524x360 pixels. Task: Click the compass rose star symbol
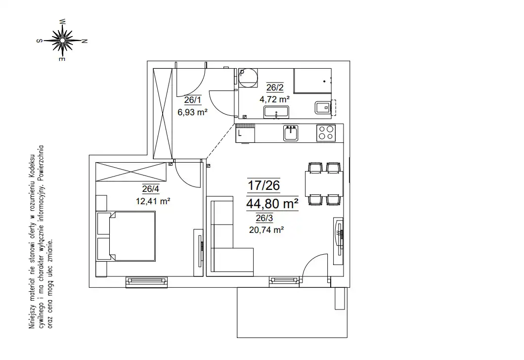click(x=62, y=41)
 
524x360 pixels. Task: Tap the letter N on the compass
click(x=85, y=42)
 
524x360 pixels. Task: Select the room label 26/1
click(x=193, y=99)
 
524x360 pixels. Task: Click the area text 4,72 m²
click(x=274, y=99)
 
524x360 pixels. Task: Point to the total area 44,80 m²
click(x=272, y=203)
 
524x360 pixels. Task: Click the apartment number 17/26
click(x=263, y=185)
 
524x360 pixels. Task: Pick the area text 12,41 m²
click(x=153, y=201)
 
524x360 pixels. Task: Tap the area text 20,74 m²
click(x=266, y=229)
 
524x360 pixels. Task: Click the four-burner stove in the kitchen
click(x=326, y=133)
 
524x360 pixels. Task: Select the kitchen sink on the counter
click(x=290, y=133)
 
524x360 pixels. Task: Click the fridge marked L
click(x=245, y=134)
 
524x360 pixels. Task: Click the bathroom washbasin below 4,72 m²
click(x=276, y=112)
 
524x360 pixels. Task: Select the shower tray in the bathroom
click(x=312, y=81)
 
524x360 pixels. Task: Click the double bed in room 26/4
click(x=126, y=236)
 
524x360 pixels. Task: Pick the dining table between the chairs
click(x=324, y=183)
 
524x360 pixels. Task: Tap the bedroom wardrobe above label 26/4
click(x=131, y=172)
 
